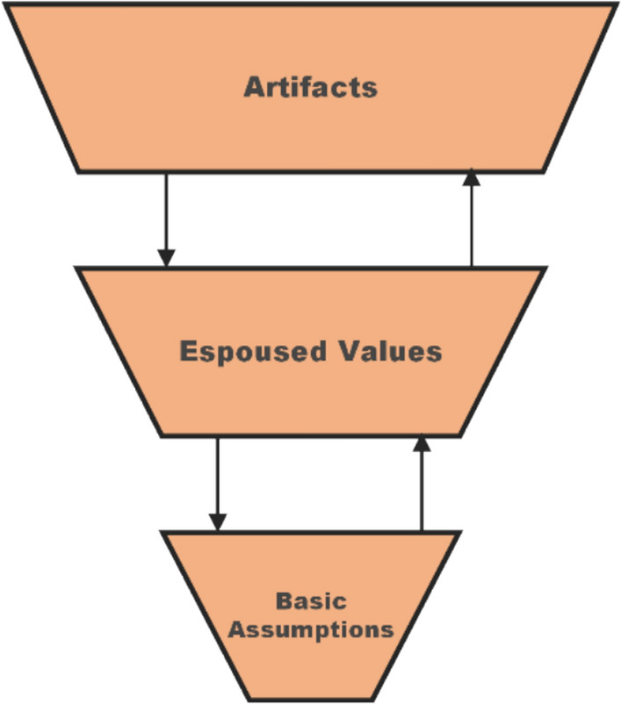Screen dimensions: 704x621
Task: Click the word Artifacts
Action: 310,87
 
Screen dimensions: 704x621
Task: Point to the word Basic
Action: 310,602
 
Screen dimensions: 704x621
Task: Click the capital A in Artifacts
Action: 254,87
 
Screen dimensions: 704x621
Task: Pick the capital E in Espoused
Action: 188,351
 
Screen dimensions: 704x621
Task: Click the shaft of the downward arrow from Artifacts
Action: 165,211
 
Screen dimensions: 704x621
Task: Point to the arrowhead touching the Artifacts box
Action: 472,176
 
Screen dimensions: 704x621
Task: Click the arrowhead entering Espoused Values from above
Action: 165,257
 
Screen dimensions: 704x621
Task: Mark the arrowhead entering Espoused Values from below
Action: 422,443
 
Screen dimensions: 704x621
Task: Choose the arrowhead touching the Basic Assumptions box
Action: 217,521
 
